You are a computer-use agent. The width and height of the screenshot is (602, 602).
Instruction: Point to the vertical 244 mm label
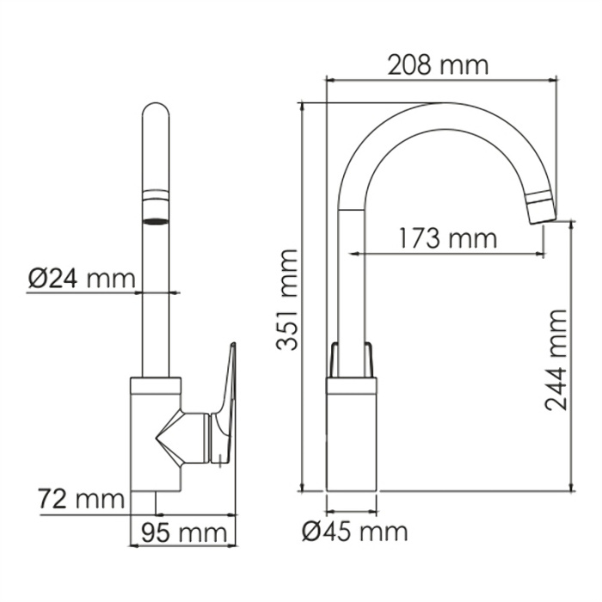tap(557, 361)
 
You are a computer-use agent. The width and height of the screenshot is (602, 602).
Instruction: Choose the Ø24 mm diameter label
tap(81, 279)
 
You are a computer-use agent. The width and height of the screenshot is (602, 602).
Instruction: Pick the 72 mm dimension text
tap(80, 498)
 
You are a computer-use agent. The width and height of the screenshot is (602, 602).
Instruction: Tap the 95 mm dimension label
tap(178, 532)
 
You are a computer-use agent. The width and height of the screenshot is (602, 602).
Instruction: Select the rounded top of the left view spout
tap(156, 116)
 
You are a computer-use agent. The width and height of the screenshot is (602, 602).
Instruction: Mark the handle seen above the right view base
tap(352, 359)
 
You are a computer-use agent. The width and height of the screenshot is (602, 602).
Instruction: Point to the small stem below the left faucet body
tap(156, 503)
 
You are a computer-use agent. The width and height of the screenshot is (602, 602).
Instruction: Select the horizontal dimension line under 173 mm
tap(447, 255)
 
